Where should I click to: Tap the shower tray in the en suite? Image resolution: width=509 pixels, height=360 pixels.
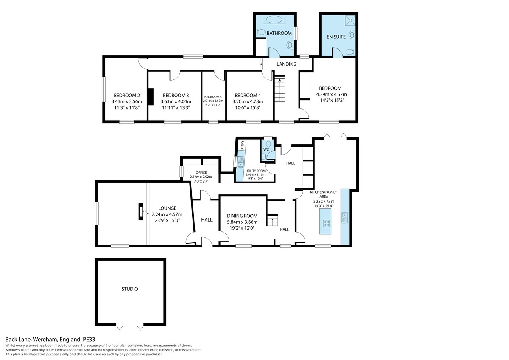pos(350,20)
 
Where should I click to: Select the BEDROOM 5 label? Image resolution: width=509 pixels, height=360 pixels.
pos(213,97)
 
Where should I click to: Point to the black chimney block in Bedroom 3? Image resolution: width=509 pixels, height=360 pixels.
pos(151,97)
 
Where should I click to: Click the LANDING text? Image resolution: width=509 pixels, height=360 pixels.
pos(287,64)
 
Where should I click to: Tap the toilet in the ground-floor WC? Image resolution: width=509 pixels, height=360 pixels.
pos(268,143)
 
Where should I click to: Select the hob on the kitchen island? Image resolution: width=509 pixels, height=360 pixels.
pos(327,224)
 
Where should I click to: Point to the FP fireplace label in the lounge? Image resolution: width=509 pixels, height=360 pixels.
pos(145,212)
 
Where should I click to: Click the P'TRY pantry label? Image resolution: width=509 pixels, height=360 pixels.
pos(243,145)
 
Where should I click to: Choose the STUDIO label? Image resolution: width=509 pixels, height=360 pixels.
pos(130,289)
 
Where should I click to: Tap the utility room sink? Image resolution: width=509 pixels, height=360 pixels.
pos(241,163)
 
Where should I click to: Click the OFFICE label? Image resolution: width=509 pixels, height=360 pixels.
pos(201,172)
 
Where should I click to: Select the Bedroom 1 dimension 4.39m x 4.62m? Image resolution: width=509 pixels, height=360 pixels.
pos(332,94)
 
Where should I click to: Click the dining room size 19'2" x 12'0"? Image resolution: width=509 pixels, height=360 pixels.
pos(242,228)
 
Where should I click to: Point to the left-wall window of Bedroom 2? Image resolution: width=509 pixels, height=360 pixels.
pos(103,89)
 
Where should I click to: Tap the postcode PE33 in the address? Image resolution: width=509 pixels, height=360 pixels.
pos(89,340)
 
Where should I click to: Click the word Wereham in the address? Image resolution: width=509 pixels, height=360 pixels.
pos(45,340)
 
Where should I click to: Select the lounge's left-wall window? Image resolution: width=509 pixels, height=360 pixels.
pos(97,213)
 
